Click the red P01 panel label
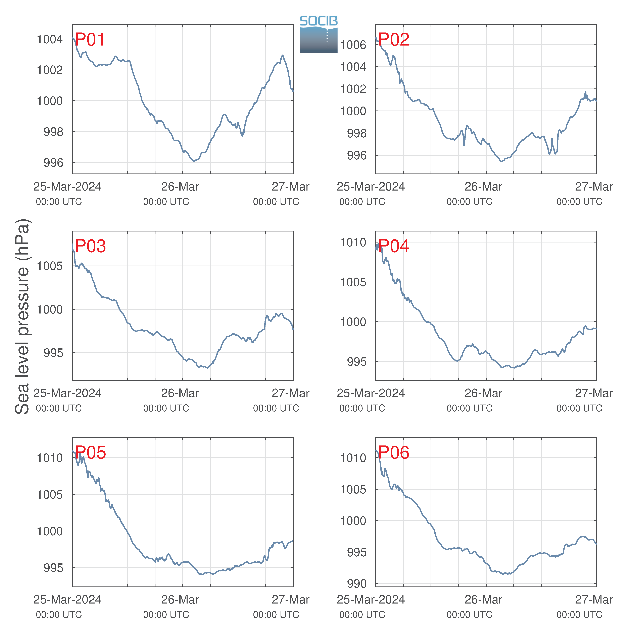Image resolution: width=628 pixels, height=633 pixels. (x=90, y=40)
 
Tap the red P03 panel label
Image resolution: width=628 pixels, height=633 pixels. (x=90, y=246)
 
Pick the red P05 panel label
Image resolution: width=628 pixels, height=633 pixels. (x=90, y=452)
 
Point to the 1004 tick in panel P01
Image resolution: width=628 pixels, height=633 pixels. (x=50, y=39)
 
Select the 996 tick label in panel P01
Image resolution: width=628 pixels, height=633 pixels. (x=53, y=162)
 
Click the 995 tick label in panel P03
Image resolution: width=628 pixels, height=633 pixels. (x=53, y=353)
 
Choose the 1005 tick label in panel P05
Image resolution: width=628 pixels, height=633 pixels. (x=50, y=494)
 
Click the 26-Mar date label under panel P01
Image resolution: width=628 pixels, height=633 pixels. (x=180, y=187)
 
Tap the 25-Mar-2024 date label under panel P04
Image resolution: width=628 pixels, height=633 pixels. (x=371, y=393)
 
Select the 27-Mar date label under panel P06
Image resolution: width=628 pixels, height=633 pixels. (x=594, y=600)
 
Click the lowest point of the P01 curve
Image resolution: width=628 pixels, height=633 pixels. (x=194, y=161)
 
